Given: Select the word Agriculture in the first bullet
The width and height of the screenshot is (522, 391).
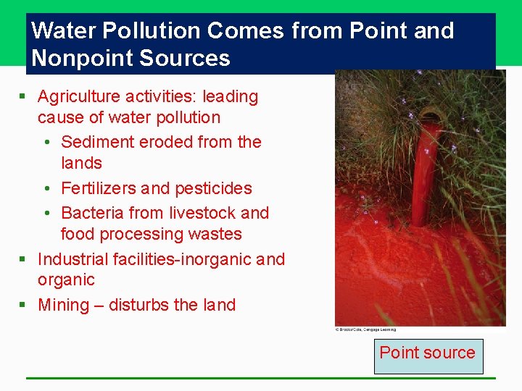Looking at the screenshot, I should tap(81, 96).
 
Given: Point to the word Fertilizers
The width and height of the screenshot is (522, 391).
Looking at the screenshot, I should tap(99, 188).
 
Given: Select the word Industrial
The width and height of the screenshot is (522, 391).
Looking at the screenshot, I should tap(73, 259).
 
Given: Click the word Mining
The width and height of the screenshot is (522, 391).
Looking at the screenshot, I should tap(63, 305).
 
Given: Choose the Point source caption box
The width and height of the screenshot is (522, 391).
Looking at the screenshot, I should tap(428, 353).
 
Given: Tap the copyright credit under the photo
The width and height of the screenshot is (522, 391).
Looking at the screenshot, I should tap(370, 329).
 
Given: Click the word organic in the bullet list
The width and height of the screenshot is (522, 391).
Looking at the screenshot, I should tap(66, 280).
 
